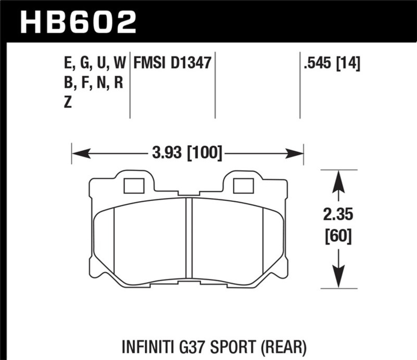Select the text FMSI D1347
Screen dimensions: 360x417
pos(172,64)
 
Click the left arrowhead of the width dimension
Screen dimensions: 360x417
pos(78,153)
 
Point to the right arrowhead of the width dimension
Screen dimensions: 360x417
pos(296,153)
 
